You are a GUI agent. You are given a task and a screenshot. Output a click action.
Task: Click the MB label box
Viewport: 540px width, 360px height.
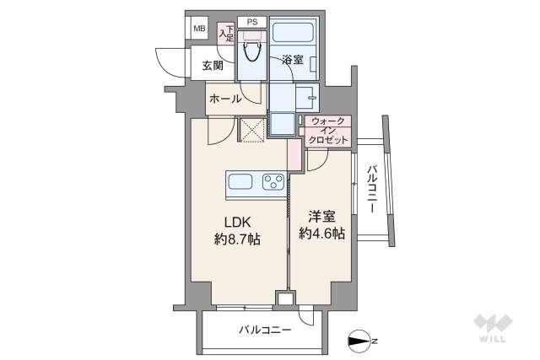[x=199, y=29]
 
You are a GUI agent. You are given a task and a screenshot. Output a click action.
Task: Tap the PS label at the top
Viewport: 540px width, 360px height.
[x=251, y=22]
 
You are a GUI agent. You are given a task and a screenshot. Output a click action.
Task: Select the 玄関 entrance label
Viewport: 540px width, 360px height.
[x=213, y=65]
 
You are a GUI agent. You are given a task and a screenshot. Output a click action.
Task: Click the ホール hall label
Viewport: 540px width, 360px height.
[x=225, y=99]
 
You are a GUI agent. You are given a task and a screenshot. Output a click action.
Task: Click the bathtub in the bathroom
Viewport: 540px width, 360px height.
[x=294, y=38]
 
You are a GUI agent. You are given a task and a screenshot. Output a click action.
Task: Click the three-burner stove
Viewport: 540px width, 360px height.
[x=273, y=181]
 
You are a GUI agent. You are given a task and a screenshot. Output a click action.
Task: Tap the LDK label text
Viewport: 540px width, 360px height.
[x=235, y=223]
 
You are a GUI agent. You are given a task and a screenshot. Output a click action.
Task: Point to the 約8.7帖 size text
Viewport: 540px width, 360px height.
[x=235, y=239]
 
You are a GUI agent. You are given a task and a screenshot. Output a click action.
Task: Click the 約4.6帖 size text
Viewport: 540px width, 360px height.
[x=321, y=234]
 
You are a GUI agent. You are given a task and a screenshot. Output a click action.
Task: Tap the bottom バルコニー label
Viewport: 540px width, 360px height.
[x=265, y=330]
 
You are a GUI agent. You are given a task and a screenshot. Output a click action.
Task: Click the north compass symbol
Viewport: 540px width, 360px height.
[x=359, y=341]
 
